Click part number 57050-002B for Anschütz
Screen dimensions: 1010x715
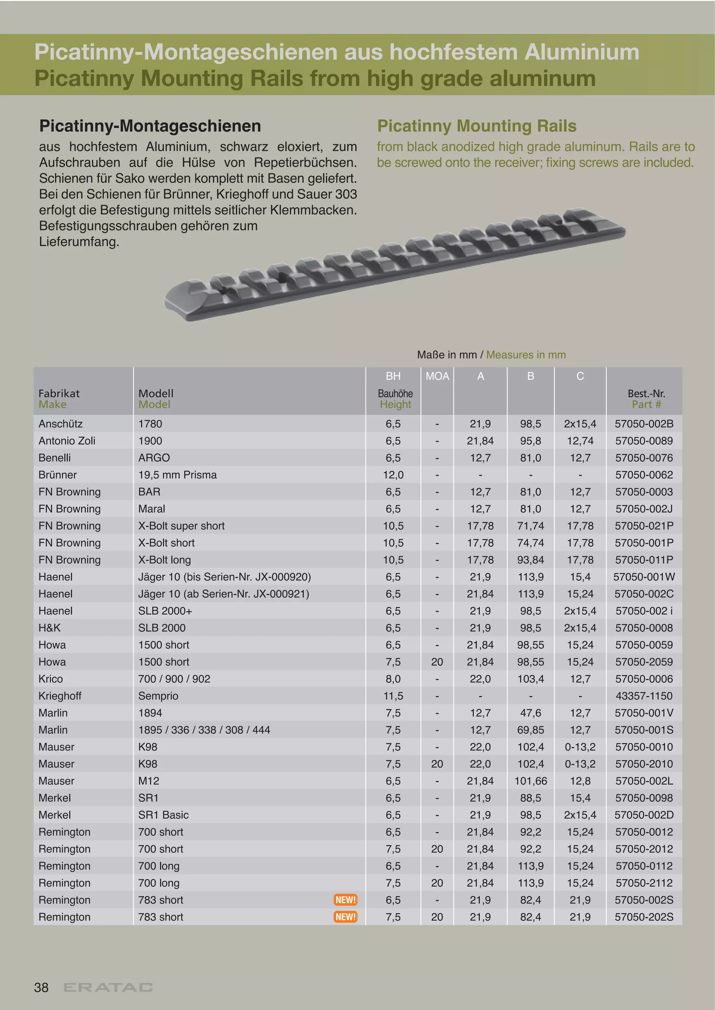coord(644,424)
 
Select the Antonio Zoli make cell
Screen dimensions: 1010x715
coord(67,441)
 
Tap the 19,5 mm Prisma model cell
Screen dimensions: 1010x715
coord(177,475)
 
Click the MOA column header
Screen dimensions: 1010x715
coord(437,376)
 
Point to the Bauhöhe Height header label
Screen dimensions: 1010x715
coord(395,399)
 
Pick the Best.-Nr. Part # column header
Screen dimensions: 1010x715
coord(646,399)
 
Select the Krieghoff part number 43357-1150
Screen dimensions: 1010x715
coord(644,695)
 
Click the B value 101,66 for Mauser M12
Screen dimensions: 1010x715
coord(531,781)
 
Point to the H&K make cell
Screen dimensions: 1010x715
coord(50,628)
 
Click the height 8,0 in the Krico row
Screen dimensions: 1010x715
coord(393,679)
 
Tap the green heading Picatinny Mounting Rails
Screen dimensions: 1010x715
coord(477,126)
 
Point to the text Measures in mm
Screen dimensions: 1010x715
coord(526,355)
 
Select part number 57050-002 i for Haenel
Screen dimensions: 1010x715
coord(644,611)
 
